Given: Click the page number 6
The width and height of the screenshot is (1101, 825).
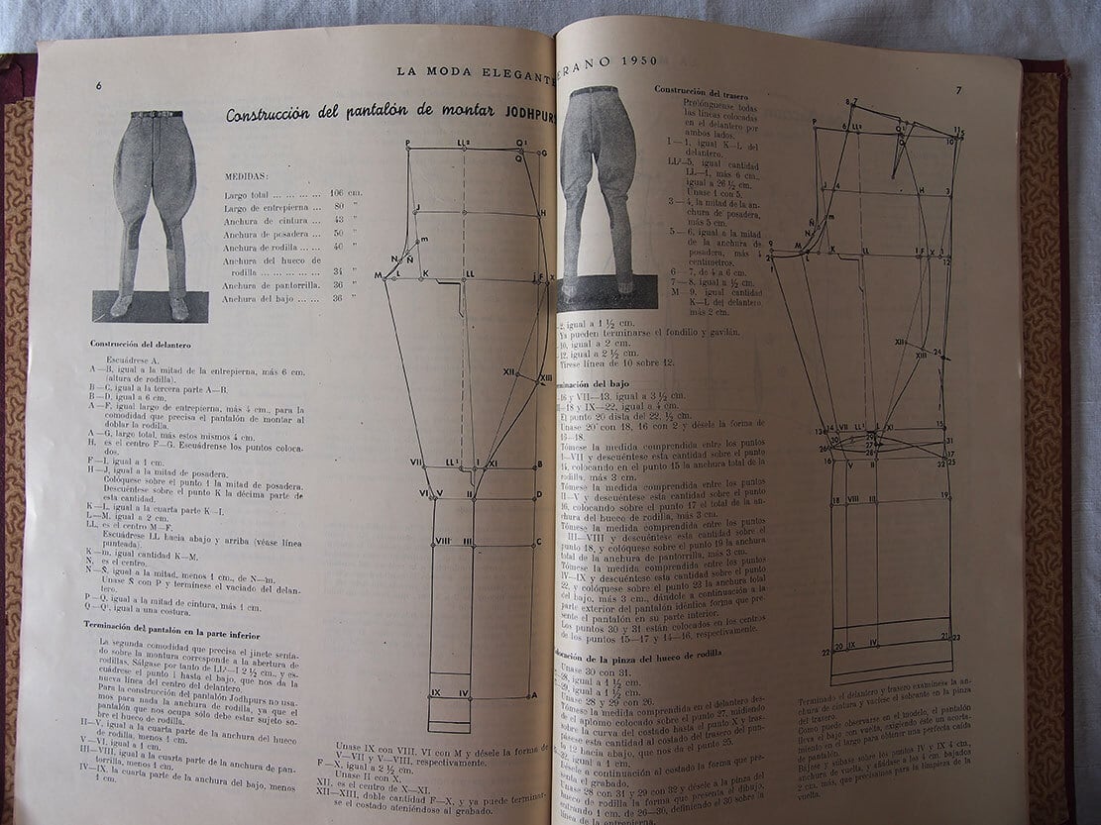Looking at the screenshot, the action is click(99, 85).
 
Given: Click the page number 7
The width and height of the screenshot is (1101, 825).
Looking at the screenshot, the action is click(958, 90).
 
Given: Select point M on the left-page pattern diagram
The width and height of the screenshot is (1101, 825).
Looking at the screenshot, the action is click(379, 274).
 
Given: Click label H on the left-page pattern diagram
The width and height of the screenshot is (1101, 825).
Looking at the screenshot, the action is click(541, 213).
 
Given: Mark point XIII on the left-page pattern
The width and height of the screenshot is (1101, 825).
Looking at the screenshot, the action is click(545, 377).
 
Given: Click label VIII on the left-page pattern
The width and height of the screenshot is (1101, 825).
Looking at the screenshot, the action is click(442, 541).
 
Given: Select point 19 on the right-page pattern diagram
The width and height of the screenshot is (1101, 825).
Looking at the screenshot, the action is click(945, 495).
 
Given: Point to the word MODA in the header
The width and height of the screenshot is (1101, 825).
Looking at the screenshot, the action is click(450, 70).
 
